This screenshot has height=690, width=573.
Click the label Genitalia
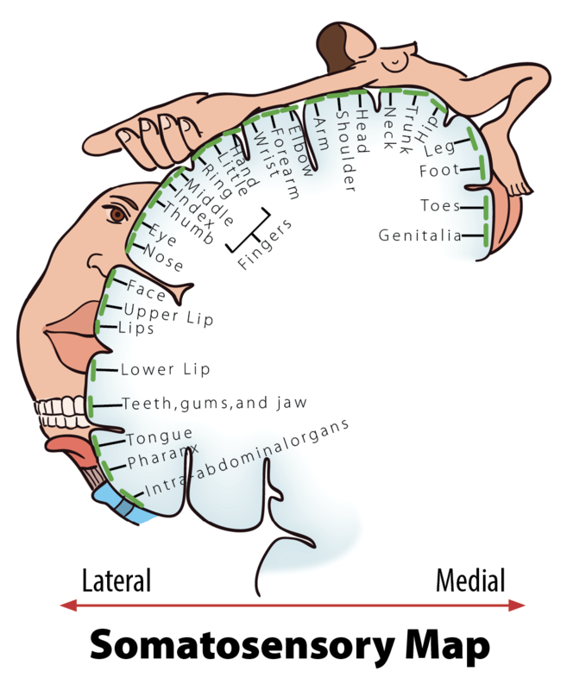(x=419, y=235)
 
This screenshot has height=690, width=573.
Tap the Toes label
(x=439, y=205)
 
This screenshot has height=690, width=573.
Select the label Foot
(x=439, y=171)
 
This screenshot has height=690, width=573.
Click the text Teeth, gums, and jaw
(x=215, y=403)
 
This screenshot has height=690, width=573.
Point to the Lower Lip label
(x=165, y=369)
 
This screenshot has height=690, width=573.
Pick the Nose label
(x=163, y=258)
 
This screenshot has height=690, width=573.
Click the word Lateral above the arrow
(x=116, y=580)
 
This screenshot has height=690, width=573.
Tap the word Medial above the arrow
(x=470, y=580)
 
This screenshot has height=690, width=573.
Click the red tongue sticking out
(x=66, y=446)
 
